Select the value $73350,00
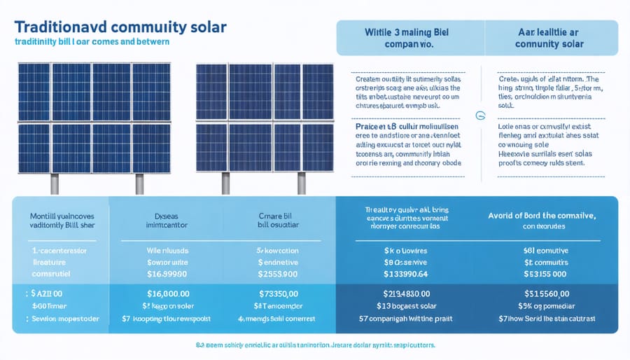[x=279, y=295]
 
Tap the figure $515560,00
[x=548, y=295]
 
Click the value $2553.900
[x=279, y=272]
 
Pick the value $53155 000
[x=548, y=272]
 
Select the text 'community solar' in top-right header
[x=547, y=44]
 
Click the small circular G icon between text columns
[x=479, y=116]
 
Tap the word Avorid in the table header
[x=503, y=215]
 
